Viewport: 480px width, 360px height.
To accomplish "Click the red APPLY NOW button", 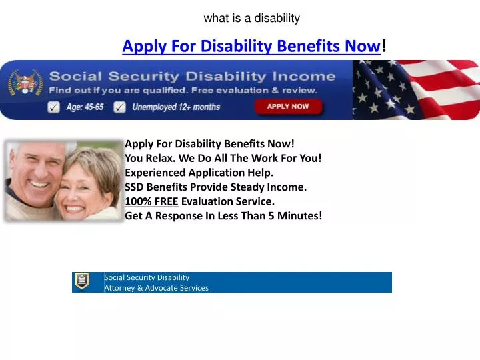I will [288, 107].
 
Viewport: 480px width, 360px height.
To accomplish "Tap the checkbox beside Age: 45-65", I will [54, 107].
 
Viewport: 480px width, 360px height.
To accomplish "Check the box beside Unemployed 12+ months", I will [119, 107].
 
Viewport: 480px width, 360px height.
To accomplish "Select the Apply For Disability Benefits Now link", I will [251, 47].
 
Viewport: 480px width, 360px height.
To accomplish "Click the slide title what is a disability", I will [252, 18].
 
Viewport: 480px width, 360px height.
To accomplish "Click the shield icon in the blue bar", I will [81, 281].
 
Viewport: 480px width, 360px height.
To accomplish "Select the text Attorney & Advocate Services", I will [156, 288].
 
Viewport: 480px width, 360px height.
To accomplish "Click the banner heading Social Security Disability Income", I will [192, 76].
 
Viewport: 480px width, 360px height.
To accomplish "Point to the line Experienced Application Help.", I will [199, 172].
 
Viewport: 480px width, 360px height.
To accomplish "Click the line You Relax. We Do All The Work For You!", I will [223, 158].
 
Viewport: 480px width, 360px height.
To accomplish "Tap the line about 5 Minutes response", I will [223, 215].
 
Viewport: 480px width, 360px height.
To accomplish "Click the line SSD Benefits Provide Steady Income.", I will [215, 187].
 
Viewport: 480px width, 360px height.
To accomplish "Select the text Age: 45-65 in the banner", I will [85, 107].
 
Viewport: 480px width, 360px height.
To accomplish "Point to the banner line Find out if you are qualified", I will [183, 90].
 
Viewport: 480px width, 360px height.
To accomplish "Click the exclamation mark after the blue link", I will [384, 47].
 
